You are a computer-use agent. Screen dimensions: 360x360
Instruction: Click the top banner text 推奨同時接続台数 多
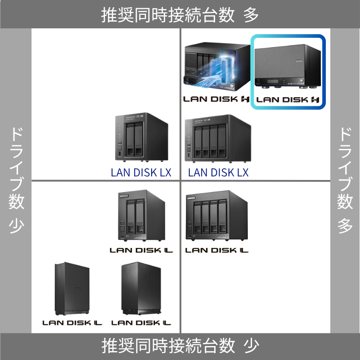coord(180,15)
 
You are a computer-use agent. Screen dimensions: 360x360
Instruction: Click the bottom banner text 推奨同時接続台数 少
coord(180,346)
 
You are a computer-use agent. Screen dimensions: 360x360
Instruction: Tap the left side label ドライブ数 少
coord(16,180)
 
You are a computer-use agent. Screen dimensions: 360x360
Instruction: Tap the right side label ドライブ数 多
coord(345,180)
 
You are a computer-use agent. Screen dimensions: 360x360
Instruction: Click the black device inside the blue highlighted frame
coord(287,66)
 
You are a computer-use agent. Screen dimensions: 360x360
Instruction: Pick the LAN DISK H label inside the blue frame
coord(287,100)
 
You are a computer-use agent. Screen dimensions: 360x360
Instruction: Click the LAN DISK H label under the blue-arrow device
coord(216,99)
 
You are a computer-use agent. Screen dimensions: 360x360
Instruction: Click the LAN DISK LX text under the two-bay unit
coord(141,172)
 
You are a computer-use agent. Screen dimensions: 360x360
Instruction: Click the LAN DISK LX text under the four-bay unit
coord(218,172)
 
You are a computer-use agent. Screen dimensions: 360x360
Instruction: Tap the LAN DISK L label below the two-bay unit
coord(141,250)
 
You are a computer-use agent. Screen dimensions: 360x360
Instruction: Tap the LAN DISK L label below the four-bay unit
coord(217,250)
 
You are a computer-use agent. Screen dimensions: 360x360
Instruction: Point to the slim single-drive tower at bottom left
coord(72,290)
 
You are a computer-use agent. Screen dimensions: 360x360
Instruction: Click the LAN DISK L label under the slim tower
coord(72,323)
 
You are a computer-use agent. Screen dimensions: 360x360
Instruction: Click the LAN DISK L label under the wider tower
coord(141,323)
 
